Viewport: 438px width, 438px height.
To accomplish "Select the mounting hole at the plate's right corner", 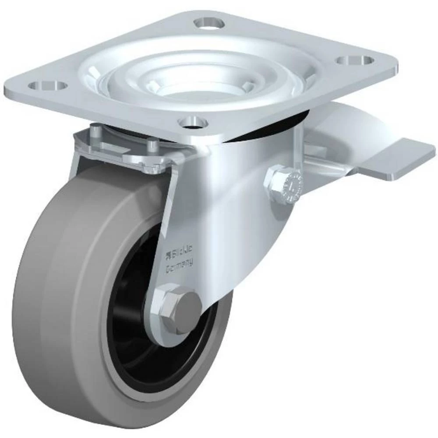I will [354, 60].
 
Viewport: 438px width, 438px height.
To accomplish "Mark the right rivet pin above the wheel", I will [152, 145].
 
